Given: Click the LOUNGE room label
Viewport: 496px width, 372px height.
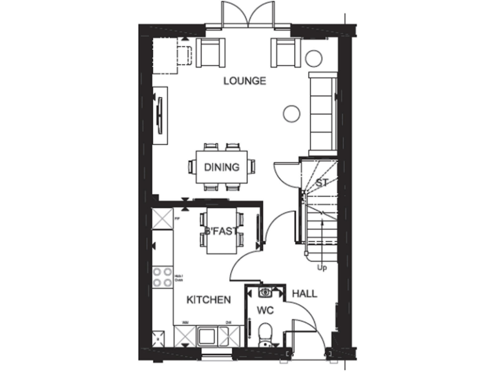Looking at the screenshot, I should [245, 81].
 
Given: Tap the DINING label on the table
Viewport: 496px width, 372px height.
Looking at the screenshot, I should [222, 167].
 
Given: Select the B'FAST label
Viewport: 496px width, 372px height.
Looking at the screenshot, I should [220, 231].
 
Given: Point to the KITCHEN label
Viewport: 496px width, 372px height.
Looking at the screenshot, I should [209, 300].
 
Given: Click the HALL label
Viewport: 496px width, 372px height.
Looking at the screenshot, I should [304, 294].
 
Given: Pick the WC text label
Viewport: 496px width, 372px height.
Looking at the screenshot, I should [265, 311].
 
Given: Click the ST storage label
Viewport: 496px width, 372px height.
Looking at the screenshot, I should [322, 183].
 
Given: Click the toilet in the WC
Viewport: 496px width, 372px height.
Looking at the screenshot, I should [265, 334].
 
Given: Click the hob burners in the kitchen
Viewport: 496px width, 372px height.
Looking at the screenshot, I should [162, 276].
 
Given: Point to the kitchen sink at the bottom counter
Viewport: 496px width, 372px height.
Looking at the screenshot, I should [209, 336].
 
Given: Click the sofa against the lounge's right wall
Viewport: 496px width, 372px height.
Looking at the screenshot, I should [322, 111].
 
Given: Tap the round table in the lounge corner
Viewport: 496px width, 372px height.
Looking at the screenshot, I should [314, 57].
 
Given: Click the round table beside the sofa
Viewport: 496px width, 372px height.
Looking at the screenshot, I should [292, 114].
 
